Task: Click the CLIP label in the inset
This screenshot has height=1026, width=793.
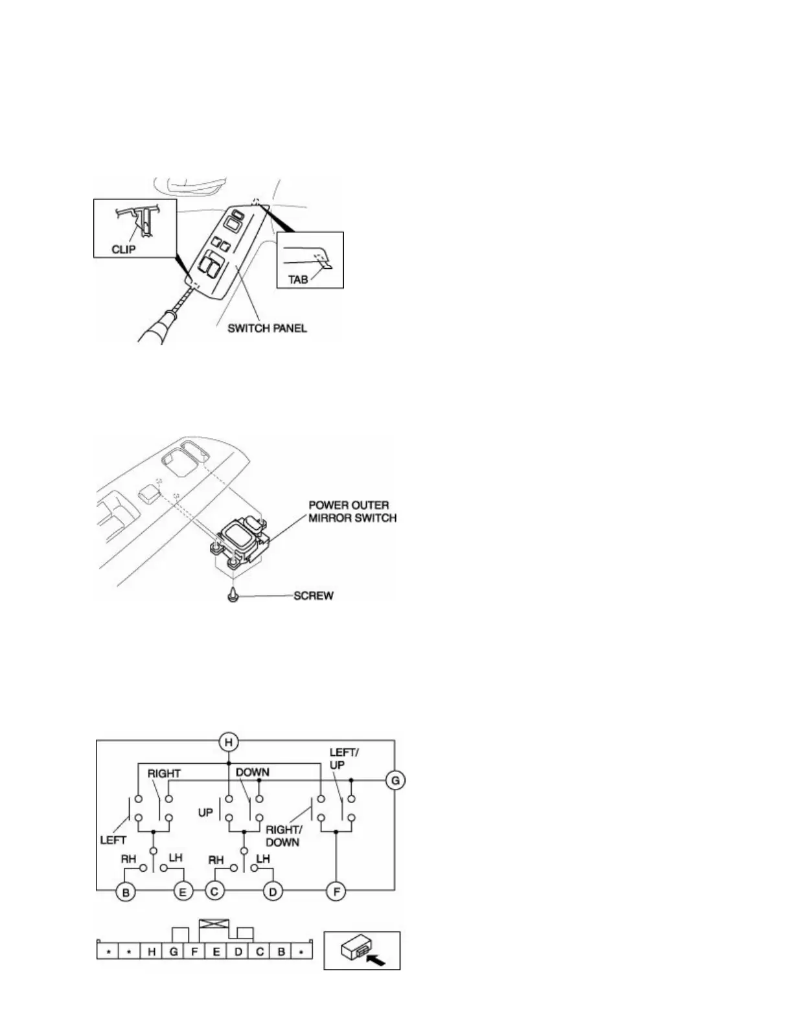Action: [x=123, y=248]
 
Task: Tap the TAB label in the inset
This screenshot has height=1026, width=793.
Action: [x=298, y=280]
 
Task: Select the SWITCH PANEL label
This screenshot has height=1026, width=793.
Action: [x=267, y=328]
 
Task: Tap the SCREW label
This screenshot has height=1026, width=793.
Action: [x=314, y=595]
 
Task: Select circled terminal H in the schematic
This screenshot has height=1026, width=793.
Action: [x=227, y=742]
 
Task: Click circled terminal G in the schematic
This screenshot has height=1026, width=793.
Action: [x=394, y=780]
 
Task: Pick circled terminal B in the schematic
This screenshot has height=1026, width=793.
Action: [x=126, y=892]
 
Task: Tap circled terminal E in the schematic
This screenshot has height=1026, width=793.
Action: [x=182, y=892]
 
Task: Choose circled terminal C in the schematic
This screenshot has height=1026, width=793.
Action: [x=216, y=892]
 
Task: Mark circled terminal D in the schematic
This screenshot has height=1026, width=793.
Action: [x=273, y=892]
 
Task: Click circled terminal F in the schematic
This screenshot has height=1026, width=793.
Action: [x=336, y=892]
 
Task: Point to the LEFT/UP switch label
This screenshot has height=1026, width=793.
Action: [x=344, y=758]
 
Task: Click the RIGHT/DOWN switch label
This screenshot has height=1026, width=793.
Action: [x=282, y=836]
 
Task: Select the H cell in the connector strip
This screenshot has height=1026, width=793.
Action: [x=152, y=952]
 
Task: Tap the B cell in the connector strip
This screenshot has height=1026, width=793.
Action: [x=281, y=952]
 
